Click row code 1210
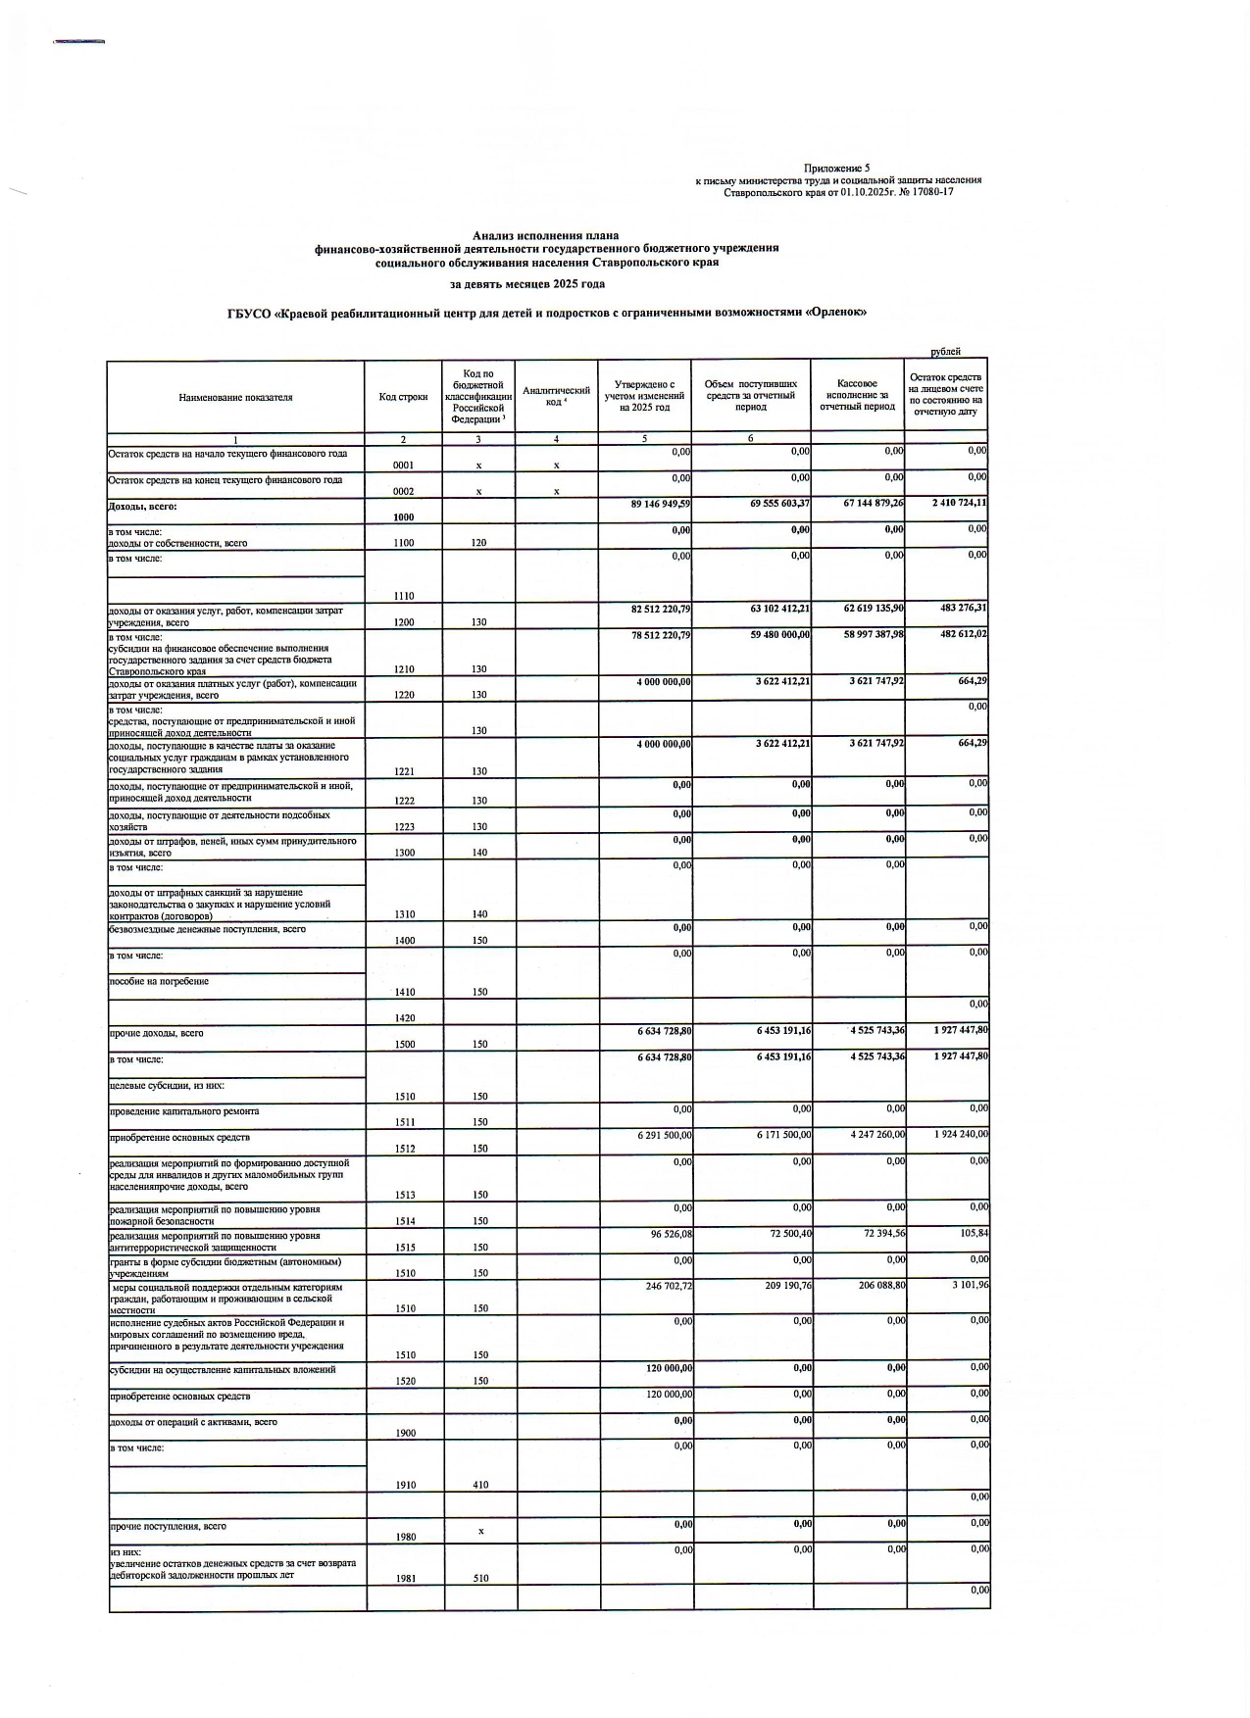point(403,669)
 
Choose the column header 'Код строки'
point(403,397)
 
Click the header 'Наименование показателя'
point(235,397)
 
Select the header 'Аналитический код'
point(556,396)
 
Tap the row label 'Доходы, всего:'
point(143,506)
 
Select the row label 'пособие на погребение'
point(159,981)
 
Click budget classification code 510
point(480,1579)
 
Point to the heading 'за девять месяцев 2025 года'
point(527,284)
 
